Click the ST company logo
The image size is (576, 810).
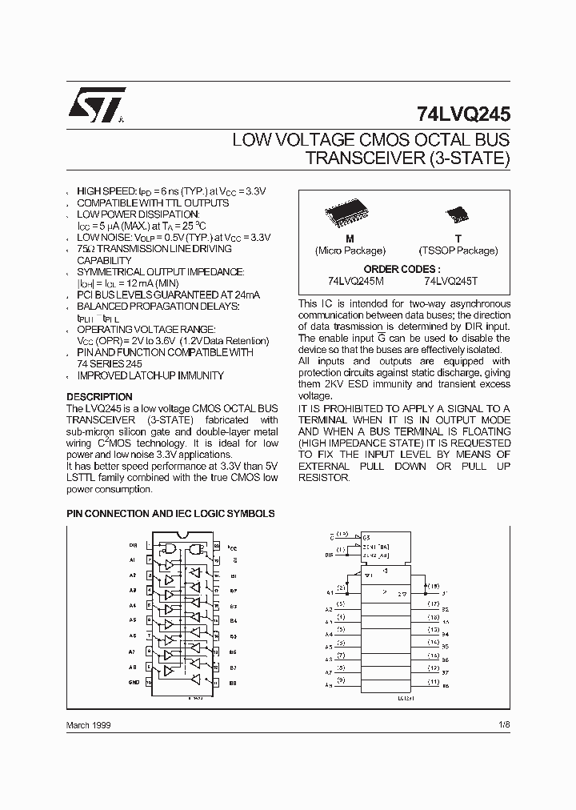pyautogui.click(x=95, y=105)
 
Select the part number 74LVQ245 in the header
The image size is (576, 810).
pyautogui.click(x=462, y=114)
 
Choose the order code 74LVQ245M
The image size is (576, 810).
pyautogui.click(x=357, y=281)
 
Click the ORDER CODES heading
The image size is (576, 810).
pyautogui.click(x=402, y=270)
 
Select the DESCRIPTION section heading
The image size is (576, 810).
pyautogui.click(x=99, y=397)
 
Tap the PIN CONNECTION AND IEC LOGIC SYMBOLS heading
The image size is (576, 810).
pyautogui.click(x=170, y=514)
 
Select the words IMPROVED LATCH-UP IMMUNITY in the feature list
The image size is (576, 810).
pyautogui.click(x=150, y=375)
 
